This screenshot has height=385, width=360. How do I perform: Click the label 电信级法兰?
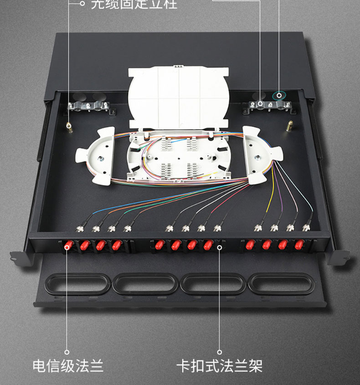(67, 366)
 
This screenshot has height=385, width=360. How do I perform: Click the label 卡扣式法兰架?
(219, 366)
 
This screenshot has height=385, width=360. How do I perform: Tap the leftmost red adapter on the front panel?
(68, 246)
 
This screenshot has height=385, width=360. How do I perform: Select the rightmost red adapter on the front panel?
(299, 245)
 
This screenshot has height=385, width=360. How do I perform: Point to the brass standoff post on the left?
(68, 128)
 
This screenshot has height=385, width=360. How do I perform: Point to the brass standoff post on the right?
(289, 125)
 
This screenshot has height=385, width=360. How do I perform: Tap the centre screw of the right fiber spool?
(257, 158)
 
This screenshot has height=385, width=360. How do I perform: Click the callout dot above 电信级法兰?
(67, 352)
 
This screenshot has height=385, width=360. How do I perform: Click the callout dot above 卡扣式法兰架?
(219, 352)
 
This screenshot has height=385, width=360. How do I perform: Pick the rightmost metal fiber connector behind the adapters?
(306, 226)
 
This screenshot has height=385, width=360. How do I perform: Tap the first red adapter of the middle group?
(159, 245)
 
